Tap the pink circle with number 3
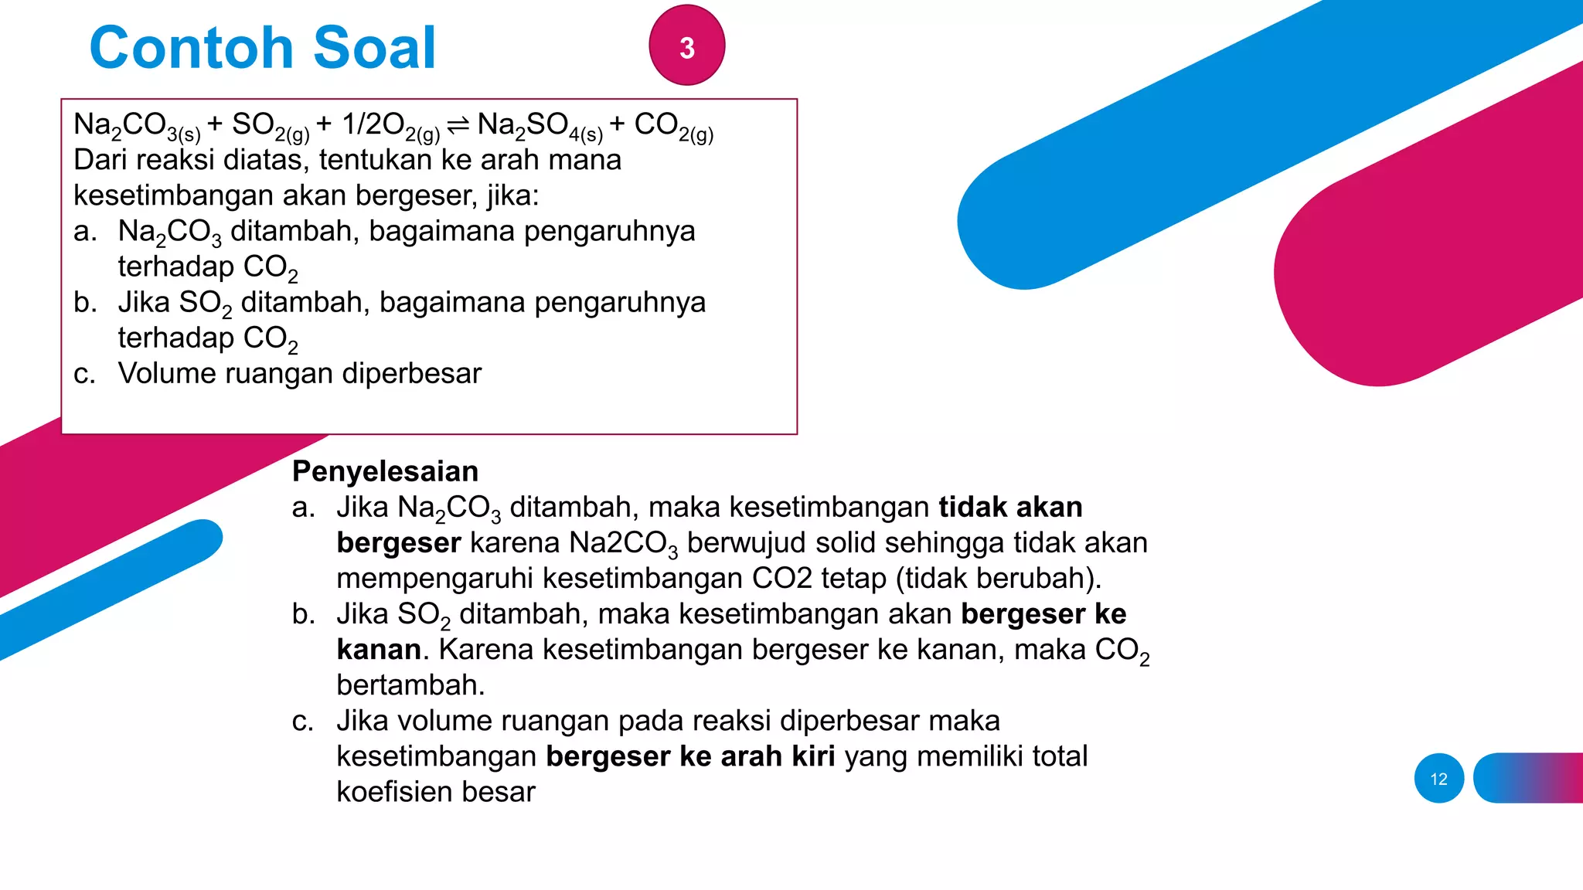pyautogui.click(x=686, y=46)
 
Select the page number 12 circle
pyautogui.click(x=1438, y=779)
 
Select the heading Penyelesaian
pyautogui.click(x=385, y=471)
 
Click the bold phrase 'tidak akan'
pyautogui.click(x=1010, y=508)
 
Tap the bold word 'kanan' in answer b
pyautogui.click(x=379, y=650)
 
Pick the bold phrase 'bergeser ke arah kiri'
pyautogui.click(x=690, y=756)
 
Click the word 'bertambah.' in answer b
pyautogui.click(x=410, y=685)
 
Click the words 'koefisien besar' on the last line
pyautogui.click(x=435, y=792)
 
